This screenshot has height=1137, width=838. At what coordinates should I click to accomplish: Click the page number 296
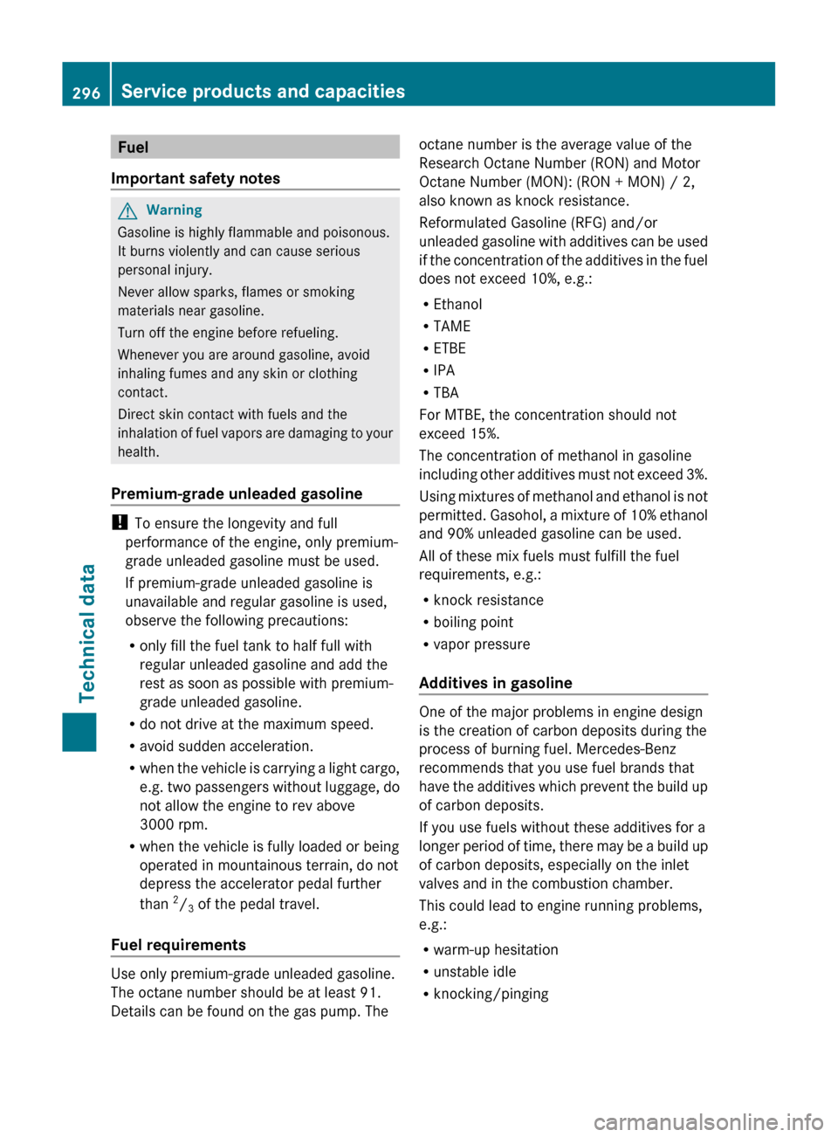pos(86,93)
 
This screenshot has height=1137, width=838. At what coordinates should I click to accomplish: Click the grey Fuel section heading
pos(133,147)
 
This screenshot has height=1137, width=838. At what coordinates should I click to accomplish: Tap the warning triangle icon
pos(127,210)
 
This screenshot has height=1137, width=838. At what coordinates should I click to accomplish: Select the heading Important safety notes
pos(196,178)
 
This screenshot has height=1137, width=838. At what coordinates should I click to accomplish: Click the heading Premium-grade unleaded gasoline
pos(237,493)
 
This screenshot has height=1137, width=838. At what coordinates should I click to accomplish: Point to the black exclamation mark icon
pos(119,522)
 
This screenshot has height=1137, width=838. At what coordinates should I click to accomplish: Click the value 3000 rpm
pos(174,824)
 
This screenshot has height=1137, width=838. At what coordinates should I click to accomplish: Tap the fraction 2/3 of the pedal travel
pos(183,904)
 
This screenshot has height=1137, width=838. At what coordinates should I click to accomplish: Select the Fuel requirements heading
pos(178,945)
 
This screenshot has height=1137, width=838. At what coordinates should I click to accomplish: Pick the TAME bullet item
pos(451,326)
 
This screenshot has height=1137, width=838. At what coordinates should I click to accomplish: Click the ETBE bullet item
pos(450,348)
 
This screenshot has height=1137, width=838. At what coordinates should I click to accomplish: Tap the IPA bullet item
pos(443,370)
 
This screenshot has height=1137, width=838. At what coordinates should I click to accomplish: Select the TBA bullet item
pos(445,393)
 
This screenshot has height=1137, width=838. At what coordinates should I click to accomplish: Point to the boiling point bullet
pos(473,622)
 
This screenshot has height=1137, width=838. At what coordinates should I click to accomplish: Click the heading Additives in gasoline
pos(496,683)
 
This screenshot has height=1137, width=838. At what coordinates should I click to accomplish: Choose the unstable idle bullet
pos(474,971)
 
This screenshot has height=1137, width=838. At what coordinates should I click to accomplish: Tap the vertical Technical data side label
pos(87,633)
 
